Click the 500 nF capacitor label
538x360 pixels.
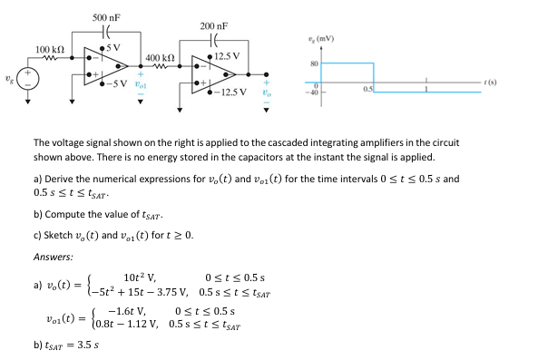pos(107,18)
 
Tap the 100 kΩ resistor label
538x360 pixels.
pos(49,47)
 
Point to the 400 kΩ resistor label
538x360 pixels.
pos(161,58)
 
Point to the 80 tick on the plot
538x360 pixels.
pos(314,63)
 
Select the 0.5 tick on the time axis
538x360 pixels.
pos(367,89)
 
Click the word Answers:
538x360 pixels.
pos(53,257)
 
